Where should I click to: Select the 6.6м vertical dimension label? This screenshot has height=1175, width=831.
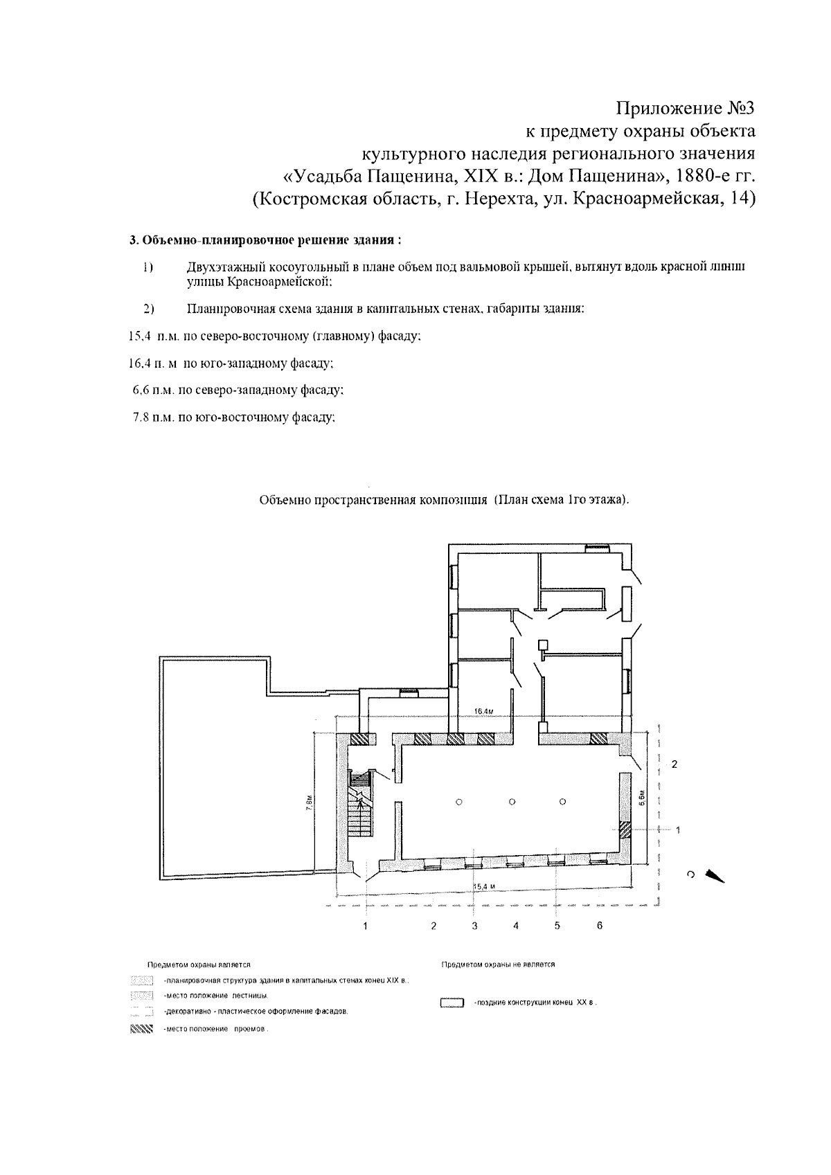[642, 798]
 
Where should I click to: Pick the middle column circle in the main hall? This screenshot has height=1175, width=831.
[511, 801]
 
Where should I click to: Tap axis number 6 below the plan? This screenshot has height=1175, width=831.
[600, 926]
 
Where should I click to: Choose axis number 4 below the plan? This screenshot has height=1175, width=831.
[516, 926]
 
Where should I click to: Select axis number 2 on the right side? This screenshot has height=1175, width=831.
[674, 764]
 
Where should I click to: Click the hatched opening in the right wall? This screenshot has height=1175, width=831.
[625, 828]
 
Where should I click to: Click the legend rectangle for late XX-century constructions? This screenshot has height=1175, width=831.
[452, 1003]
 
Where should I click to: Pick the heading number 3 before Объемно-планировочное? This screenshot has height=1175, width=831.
[132, 240]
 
